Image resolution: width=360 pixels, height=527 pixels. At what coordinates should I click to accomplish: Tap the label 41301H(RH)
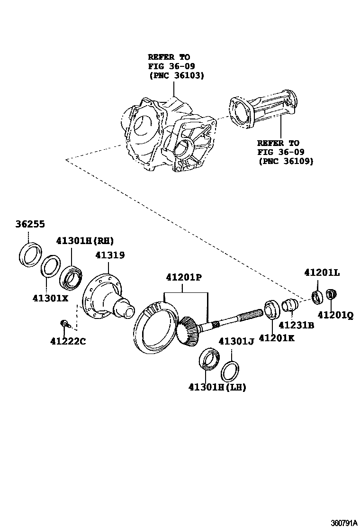coord(85,240)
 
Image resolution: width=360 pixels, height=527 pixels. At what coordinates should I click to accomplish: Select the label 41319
coord(109,255)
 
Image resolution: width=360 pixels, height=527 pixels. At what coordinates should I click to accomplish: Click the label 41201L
coord(322,273)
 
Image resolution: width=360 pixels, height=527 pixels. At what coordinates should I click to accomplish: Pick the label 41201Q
coord(335,314)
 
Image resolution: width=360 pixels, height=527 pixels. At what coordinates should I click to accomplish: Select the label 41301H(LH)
coord(217,387)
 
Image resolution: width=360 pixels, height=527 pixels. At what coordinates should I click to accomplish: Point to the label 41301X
coord(51,298)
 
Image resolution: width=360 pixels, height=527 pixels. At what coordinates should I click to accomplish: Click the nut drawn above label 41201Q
coord(332,294)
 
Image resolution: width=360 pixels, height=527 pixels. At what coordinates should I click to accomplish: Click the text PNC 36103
coord(176,75)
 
